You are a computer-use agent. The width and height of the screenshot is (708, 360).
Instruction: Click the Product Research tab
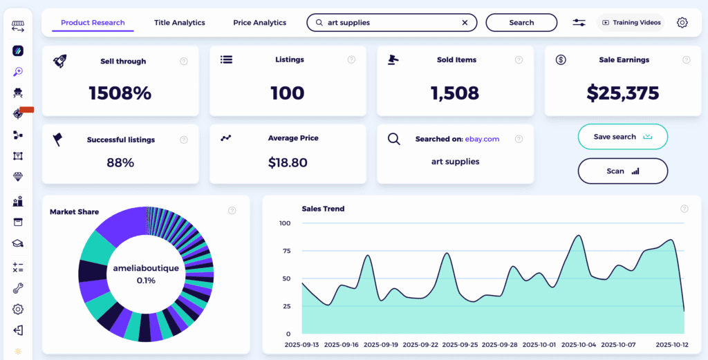tap(93, 23)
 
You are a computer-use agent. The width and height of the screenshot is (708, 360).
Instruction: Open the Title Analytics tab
tap(180, 23)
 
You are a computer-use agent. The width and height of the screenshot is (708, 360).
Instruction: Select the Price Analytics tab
tap(259, 23)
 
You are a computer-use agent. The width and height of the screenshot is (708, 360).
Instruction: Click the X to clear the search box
tap(465, 23)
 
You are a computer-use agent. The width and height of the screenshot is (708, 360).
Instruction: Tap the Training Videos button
tap(631, 23)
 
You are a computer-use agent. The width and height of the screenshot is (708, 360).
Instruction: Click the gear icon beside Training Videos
tap(682, 23)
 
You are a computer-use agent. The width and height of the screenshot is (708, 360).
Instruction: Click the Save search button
tap(622, 137)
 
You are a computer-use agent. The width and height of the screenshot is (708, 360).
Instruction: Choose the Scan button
tap(622, 171)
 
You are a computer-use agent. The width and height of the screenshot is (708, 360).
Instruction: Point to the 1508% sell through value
tap(120, 93)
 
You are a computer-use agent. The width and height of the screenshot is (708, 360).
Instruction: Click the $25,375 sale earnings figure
tap(623, 93)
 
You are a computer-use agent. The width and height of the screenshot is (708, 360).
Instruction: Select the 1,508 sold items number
tap(455, 93)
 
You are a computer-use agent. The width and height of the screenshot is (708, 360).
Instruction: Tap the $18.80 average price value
tap(288, 163)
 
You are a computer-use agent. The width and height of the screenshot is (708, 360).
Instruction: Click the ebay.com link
tap(482, 139)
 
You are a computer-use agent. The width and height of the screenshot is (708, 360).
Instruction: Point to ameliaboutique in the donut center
tap(145, 268)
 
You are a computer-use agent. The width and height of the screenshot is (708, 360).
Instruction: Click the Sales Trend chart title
tap(323, 209)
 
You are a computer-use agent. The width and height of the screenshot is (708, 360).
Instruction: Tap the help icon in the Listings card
tap(352, 60)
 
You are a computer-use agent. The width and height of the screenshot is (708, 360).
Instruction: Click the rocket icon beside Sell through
tap(60, 61)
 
